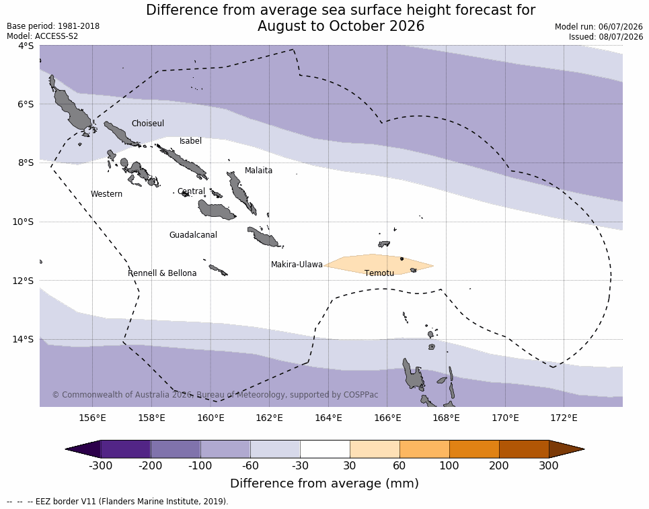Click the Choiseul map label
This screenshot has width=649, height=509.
pyautogui.click(x=148, y=124)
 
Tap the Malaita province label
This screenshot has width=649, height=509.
pyautogui.click(x=258, y=171)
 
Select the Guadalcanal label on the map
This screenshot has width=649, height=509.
pyautogui.click(x=193, y=234)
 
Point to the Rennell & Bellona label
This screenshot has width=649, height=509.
pyautogui.click(x=162, y=273)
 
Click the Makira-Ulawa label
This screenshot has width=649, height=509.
pyautogui.click(x=297, y=265)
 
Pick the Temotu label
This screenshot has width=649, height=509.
pyautogui.click(x=379, y=273)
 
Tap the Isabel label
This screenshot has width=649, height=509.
pyautogui.click(x=190, y=141)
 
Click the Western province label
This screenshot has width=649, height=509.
pyautogui.click(x=106, y=194)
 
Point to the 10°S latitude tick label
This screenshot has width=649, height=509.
pyautogui.click(x=23, y=222)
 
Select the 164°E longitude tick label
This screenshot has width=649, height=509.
pyautogui.click(x=328, y=418)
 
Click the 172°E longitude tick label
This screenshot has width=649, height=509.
pyautogui.click(x=564, y=418)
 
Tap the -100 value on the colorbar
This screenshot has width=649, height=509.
pyautogui.click(x=200, y=465)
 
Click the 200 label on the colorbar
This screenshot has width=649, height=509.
pyautogui.click(x=499, y=465)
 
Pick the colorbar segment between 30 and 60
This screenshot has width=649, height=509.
pyautogui.click(x=375, y=449)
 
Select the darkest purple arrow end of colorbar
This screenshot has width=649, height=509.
pyautogui.click(x=83, y=449)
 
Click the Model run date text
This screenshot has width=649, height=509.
pyautogui.click(x=599, y=27)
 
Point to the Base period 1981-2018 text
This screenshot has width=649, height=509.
pyautogui.click(x=53, y=26)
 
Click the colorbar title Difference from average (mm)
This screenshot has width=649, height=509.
pyautogui.click(x=324, y=483)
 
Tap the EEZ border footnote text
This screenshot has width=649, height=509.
pyautogui.click(x=118, y=502)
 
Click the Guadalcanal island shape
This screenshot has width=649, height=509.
pyautogui.click(x=216, y=209)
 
